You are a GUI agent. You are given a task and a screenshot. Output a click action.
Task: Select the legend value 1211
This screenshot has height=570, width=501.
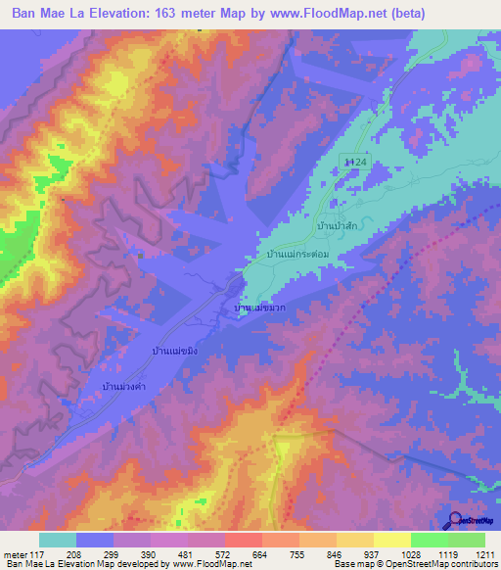pos(484,555)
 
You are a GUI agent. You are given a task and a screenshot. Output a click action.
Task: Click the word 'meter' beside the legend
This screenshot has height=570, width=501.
pos(14,555)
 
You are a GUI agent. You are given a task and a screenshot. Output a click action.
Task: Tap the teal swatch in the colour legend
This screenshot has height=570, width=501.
pos(58,540)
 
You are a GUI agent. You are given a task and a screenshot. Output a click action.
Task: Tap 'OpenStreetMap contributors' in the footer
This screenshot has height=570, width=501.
pos(440,565)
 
